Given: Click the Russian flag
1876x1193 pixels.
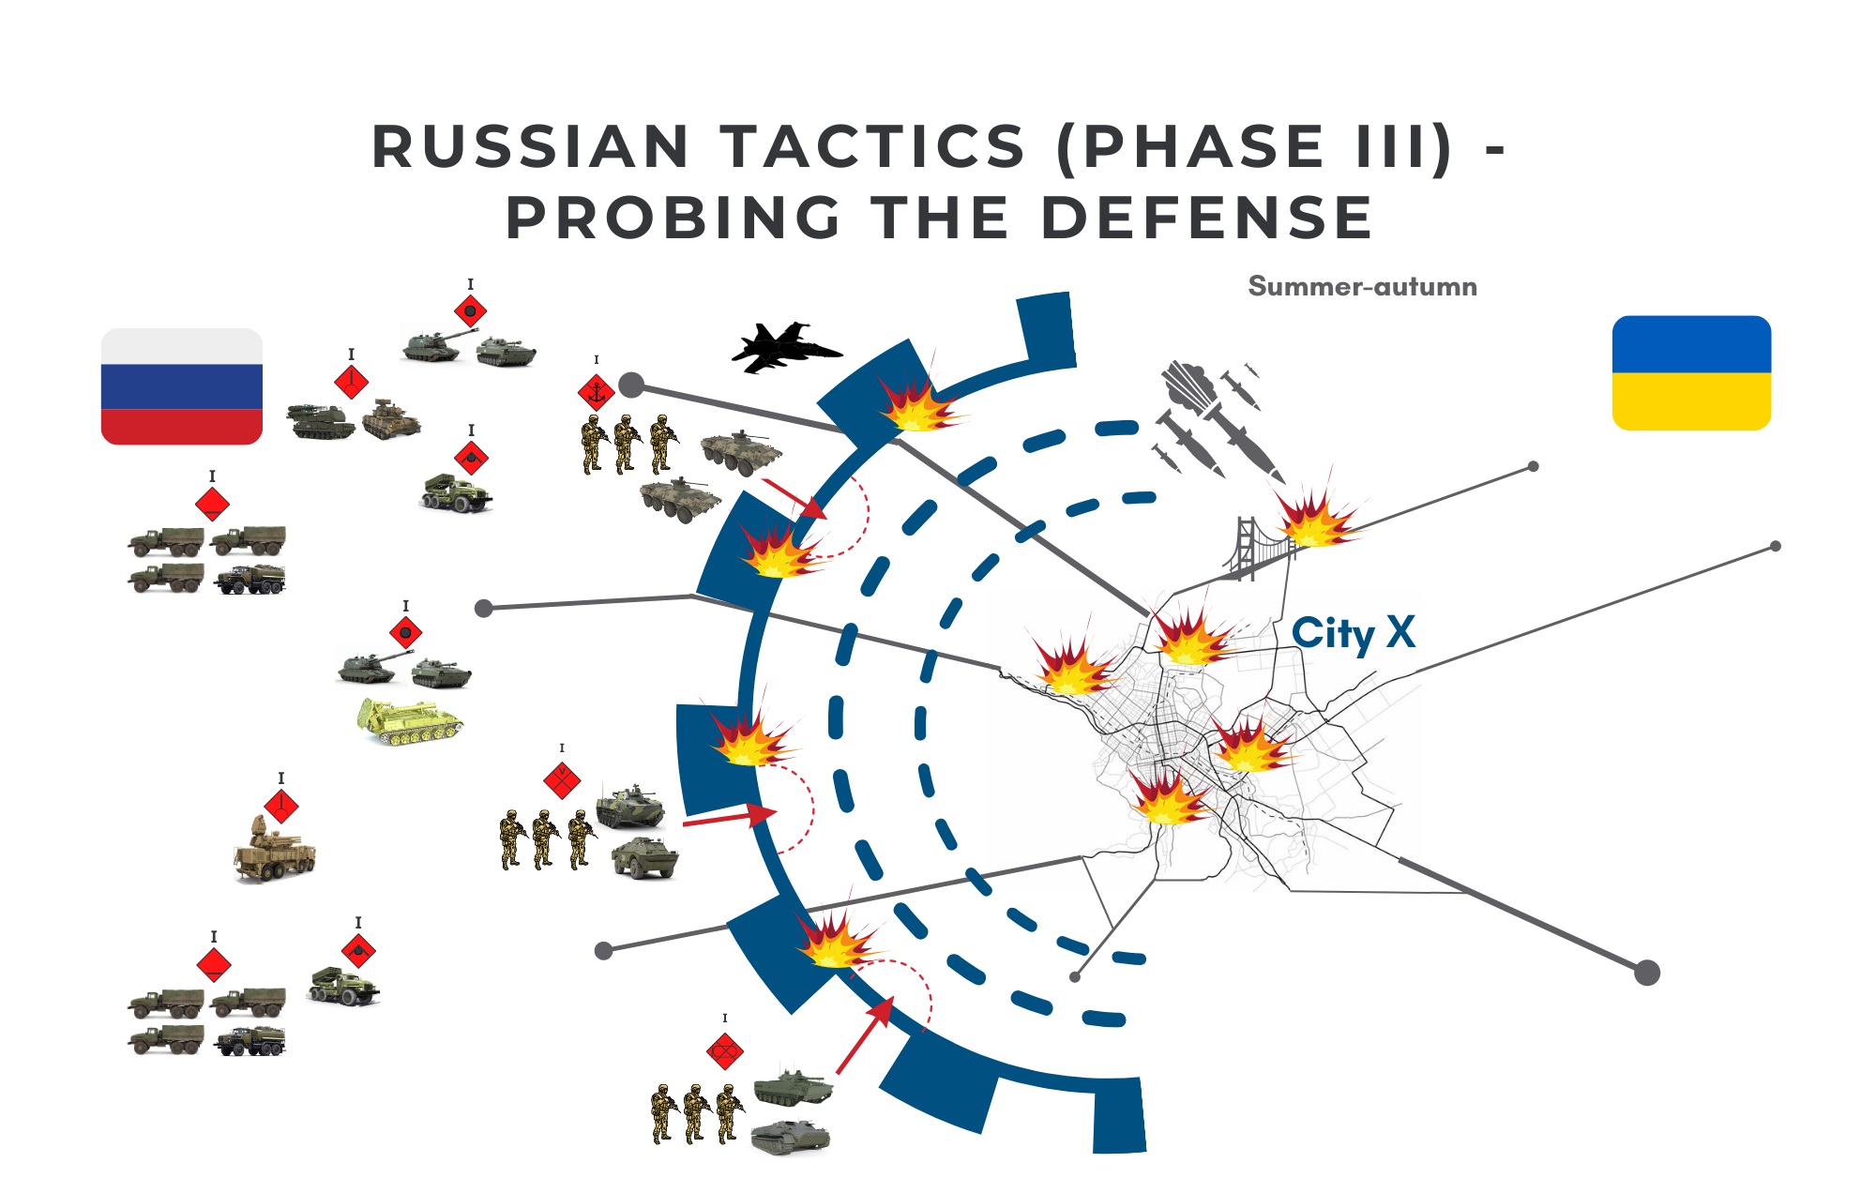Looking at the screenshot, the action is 182,386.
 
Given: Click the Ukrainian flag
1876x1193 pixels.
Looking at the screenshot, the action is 1691,373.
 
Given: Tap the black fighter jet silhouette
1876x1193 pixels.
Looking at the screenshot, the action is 786,347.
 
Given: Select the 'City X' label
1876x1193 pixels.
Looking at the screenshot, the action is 1353,634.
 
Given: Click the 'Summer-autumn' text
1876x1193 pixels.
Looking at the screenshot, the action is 1362,286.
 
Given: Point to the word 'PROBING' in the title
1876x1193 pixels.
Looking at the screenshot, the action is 673,218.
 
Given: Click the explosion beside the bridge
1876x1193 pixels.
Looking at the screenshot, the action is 1316,518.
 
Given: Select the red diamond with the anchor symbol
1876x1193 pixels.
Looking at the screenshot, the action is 596,391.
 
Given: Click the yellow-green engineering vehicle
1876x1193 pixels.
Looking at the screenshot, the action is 410,722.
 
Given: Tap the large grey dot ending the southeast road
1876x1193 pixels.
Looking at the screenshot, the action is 1647,973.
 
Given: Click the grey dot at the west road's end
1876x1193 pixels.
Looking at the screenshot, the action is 484,609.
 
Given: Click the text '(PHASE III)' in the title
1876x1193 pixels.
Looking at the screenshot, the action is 1255,147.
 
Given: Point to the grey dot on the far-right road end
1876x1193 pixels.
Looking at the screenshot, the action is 1775,546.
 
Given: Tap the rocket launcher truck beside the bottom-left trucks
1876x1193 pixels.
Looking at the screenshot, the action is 344,985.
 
